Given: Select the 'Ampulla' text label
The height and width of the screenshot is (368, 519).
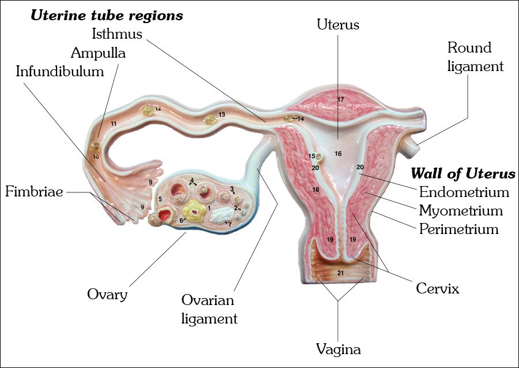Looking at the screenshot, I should [98, 53].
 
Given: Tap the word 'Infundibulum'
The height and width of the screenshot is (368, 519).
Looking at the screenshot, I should [60, 72].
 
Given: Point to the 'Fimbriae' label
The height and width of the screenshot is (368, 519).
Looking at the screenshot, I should [33, 191].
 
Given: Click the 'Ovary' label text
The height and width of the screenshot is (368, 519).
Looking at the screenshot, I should [107, 294].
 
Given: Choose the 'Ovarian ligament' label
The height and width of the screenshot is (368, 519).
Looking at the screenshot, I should [209, 309].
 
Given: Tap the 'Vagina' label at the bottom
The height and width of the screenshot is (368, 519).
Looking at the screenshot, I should [339, 349].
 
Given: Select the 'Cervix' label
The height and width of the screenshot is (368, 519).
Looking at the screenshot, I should [438, 288].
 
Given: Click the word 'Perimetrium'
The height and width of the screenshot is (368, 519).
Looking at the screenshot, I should [458, 229].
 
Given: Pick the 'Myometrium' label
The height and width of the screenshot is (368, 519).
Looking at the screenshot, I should [461, 211].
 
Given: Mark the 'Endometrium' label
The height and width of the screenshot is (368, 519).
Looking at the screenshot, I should [464, 192].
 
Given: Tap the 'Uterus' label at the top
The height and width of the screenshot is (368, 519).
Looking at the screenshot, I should [339, 25].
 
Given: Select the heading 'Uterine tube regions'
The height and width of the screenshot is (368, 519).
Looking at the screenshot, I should [107, 16].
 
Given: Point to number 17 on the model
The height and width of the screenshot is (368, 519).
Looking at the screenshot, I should [340, 100].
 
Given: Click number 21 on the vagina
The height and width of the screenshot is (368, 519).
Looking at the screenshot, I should [340, 272].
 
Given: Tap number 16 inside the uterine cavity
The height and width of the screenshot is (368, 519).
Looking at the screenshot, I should [338, 154].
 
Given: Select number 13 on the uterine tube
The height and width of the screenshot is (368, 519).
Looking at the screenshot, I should [221, 115].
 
